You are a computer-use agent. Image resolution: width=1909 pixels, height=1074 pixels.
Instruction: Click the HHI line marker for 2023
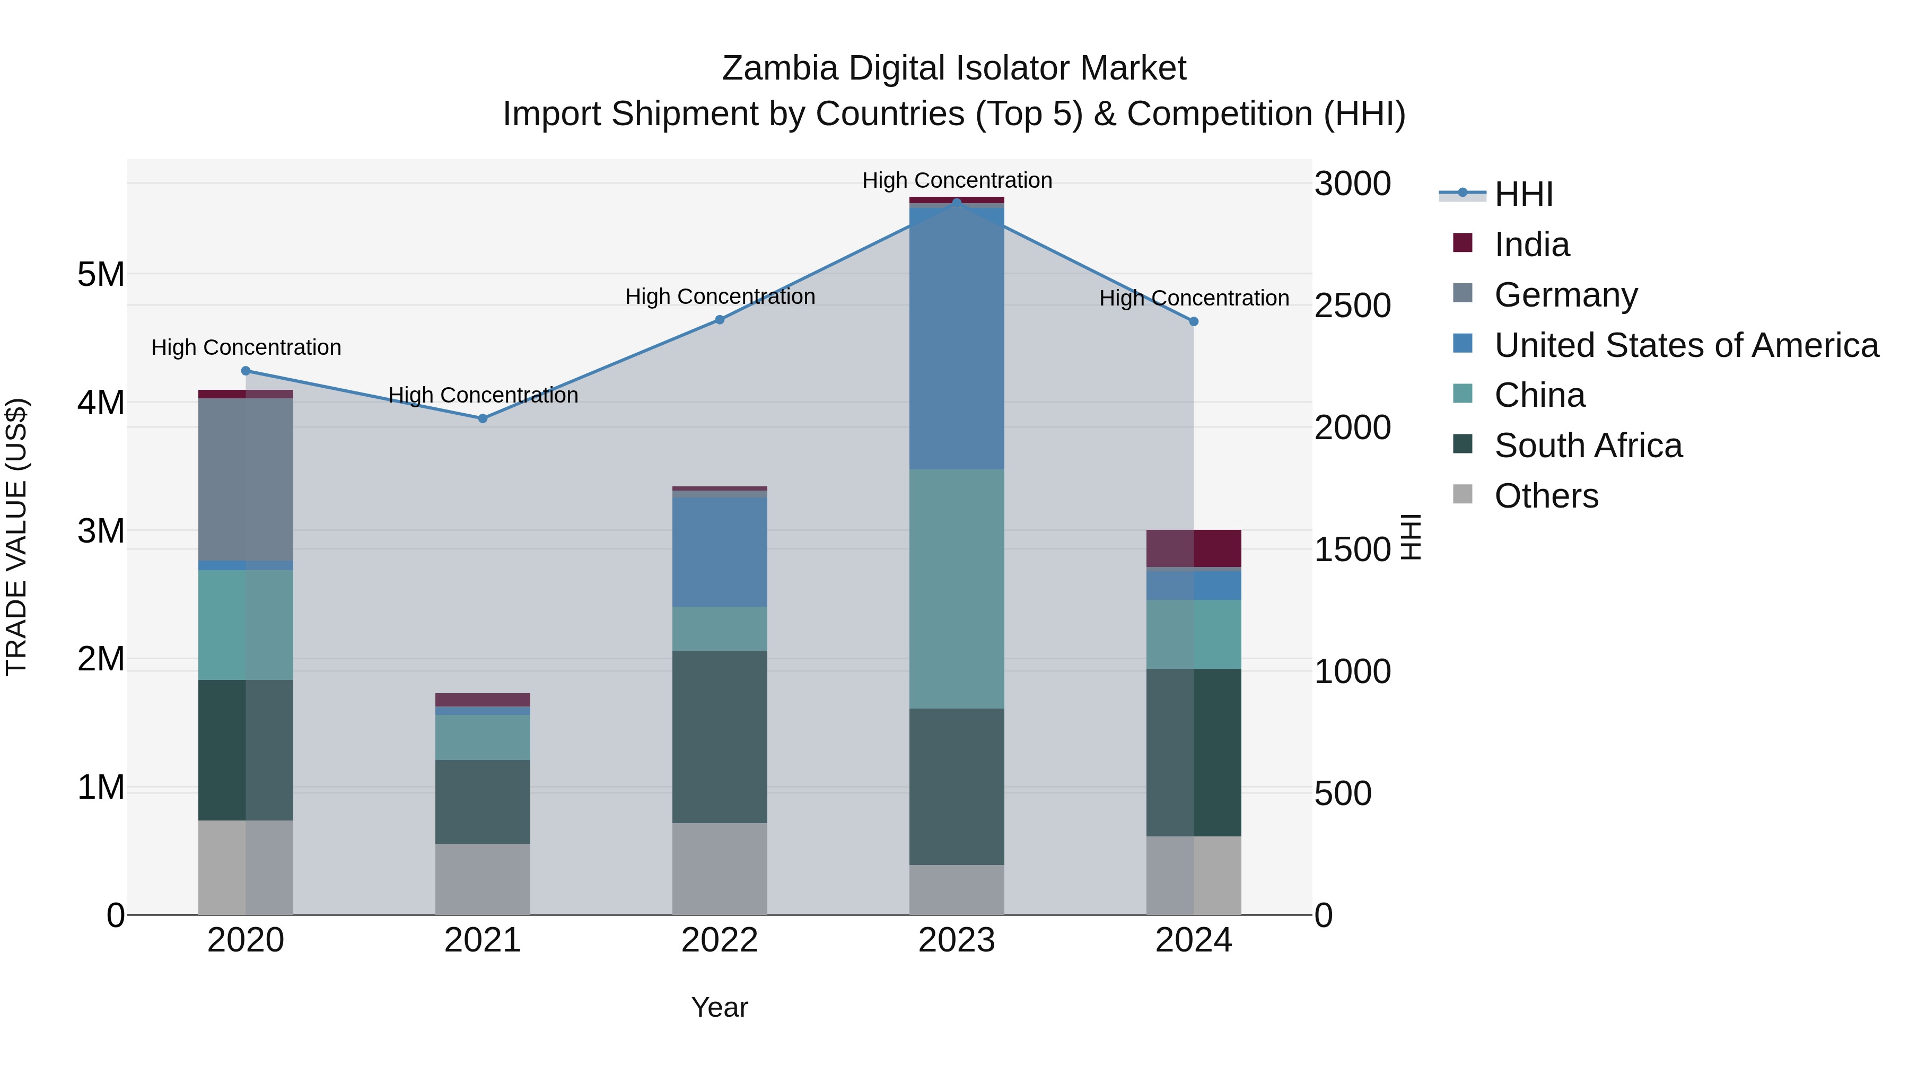(x=956, y=203)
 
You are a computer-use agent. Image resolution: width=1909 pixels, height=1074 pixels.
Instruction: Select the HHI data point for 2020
(x=246, y=371)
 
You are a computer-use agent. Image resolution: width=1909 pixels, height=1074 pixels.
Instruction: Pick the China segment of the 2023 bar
(x=956, y=589)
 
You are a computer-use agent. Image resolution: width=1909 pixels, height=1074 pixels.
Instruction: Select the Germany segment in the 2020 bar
(x=246, y=479)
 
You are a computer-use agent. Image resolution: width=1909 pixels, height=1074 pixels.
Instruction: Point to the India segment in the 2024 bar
(x=1193, y=548)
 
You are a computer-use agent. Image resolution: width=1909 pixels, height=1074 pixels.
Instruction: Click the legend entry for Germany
(x=1565, y=295)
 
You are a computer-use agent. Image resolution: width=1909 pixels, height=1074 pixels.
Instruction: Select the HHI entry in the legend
(x=1523, y=194)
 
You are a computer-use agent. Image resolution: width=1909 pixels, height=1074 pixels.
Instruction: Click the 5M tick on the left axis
(x=101, y=274)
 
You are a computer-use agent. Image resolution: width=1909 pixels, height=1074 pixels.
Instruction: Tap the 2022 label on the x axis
(x=719, y=940)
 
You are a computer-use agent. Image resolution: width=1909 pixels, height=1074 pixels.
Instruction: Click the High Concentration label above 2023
(x=956, y=180)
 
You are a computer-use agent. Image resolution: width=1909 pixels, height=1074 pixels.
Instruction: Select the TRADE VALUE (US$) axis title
(x=16, y=537)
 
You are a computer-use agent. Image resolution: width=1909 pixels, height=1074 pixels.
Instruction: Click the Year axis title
(x=719, y=1007)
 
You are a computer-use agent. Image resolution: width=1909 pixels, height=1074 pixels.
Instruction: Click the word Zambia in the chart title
(x=780, y=68)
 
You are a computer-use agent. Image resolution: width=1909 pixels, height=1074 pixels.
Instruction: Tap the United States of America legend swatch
(x=1462, y=344)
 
